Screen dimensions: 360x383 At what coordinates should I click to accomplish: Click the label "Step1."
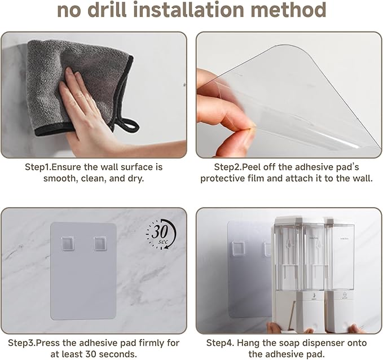coord(39,168)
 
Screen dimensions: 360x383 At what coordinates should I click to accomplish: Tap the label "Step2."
coord(229,168)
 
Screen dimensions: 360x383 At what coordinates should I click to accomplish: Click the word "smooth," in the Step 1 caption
coord(60,178)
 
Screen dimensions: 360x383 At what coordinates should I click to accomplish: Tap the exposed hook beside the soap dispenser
coord(238,248)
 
